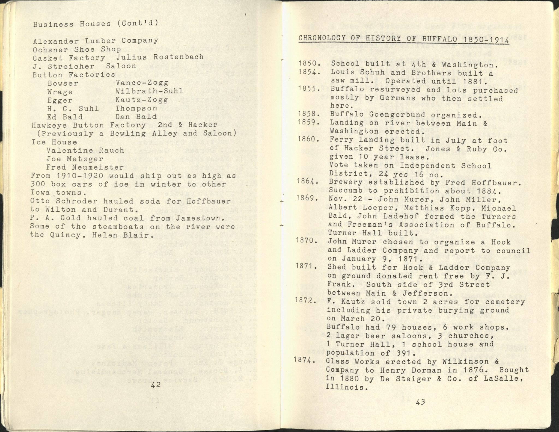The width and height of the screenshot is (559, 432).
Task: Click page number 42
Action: click(x=156, y=385)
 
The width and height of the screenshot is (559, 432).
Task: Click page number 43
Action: click(x=420, y=402)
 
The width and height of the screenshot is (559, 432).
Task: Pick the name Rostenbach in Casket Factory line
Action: click(x=179, y=57)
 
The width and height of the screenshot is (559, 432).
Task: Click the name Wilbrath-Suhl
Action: click(x=149, y=91)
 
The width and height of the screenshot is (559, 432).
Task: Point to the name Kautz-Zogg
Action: click(x=142, y=100)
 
